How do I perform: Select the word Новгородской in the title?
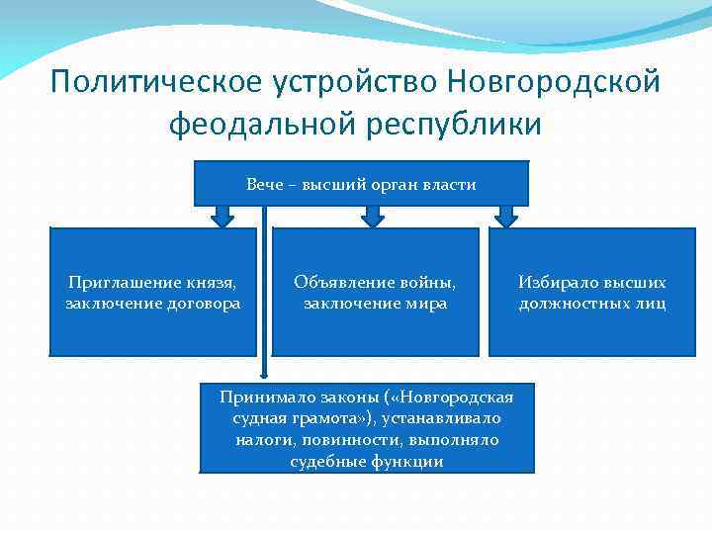pos(552,81)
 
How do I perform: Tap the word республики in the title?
pos(458,126)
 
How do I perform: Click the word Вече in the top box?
pos(262,184)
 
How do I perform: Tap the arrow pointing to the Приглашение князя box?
pos(222,216)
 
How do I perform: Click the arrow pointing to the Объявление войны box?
pos(370,216)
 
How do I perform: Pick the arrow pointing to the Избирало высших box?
pos(506,216)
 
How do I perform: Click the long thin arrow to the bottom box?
pos(264,297)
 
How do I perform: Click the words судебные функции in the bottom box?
pos(367,462)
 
